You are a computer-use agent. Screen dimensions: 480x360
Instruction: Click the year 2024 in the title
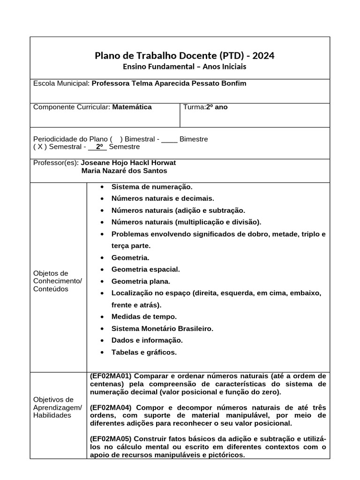coord(263,56)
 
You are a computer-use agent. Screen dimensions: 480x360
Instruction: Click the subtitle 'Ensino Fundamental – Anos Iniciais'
coord(184,67)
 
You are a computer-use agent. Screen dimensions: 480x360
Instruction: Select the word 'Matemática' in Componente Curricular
coord(132,107)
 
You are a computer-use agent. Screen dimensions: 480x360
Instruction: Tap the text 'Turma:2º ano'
coord(205,107)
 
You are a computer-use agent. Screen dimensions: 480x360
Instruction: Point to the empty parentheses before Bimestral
coord(116,139)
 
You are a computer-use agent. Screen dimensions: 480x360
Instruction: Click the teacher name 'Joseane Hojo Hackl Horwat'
coord(128,163)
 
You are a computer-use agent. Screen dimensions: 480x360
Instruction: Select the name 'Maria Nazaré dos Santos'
coord(124,171)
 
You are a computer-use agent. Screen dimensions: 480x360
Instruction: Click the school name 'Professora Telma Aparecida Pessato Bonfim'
coord(169,83)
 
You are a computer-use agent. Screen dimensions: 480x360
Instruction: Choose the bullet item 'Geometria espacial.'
coord(145,270)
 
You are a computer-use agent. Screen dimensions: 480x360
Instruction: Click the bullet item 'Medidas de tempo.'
coord(144,317)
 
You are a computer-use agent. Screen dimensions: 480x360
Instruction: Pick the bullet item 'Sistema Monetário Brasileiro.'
coord(162,329)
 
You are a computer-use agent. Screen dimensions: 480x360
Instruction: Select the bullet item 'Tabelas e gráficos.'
coord(144,352)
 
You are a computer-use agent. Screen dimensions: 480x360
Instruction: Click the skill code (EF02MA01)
coord(111,376)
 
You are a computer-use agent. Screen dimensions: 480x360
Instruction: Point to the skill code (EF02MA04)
coord(111,407)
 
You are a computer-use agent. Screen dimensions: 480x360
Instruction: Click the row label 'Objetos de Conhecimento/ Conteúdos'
coord(57,281)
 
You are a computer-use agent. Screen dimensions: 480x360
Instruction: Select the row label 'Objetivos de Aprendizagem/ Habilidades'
coord(57,407)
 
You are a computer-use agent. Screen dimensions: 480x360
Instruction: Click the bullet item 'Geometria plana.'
coord(141,281)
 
